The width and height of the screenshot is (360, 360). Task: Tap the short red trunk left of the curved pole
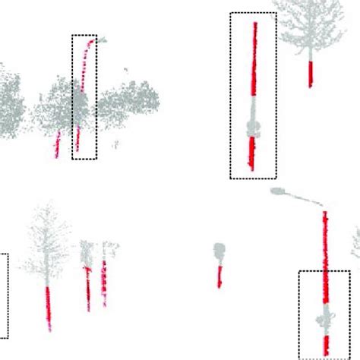[x=57, y=144]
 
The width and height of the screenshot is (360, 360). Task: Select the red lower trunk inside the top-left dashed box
[x=79, y=139]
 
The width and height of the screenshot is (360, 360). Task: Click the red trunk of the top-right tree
[x=311, y=73]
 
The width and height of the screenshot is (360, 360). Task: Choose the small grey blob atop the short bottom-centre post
[x=219, y=250]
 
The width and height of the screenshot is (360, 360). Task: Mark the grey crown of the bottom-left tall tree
[x=47, y=243]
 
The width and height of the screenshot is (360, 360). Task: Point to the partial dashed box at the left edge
[x=4, y=296]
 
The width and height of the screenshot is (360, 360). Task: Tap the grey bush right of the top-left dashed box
[x=129, y=103]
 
